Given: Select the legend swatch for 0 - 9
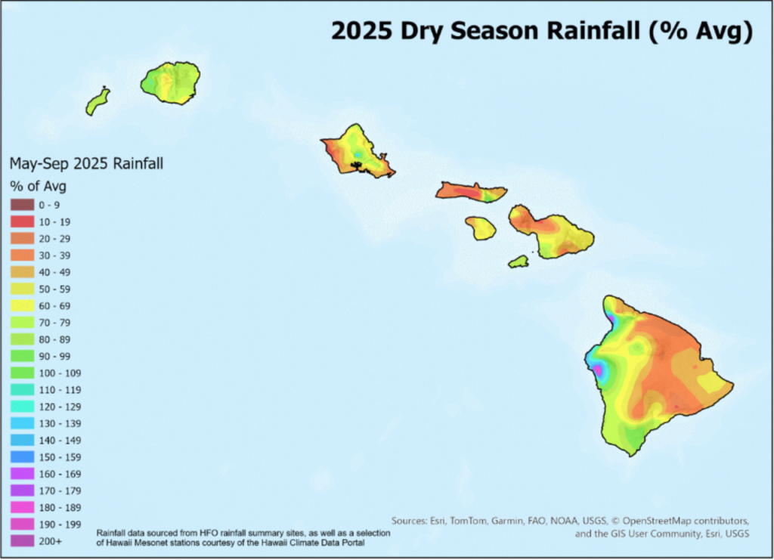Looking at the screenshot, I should pos(23,205).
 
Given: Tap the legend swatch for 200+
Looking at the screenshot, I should pos(23,541).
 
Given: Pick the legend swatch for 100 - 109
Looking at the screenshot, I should pos(23,373).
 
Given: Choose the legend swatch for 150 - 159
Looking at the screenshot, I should pos(23,457).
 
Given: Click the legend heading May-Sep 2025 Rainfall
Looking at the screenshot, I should pos(86,162).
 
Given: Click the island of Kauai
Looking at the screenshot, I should pos(170,82).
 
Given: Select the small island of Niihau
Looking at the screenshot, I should pos(98,101).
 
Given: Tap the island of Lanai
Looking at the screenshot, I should pos(480,227).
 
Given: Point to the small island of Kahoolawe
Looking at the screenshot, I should pos(518,261).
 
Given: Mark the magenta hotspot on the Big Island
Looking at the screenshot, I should pos(599,370).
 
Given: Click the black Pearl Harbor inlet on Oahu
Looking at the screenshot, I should pos(358,162).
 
